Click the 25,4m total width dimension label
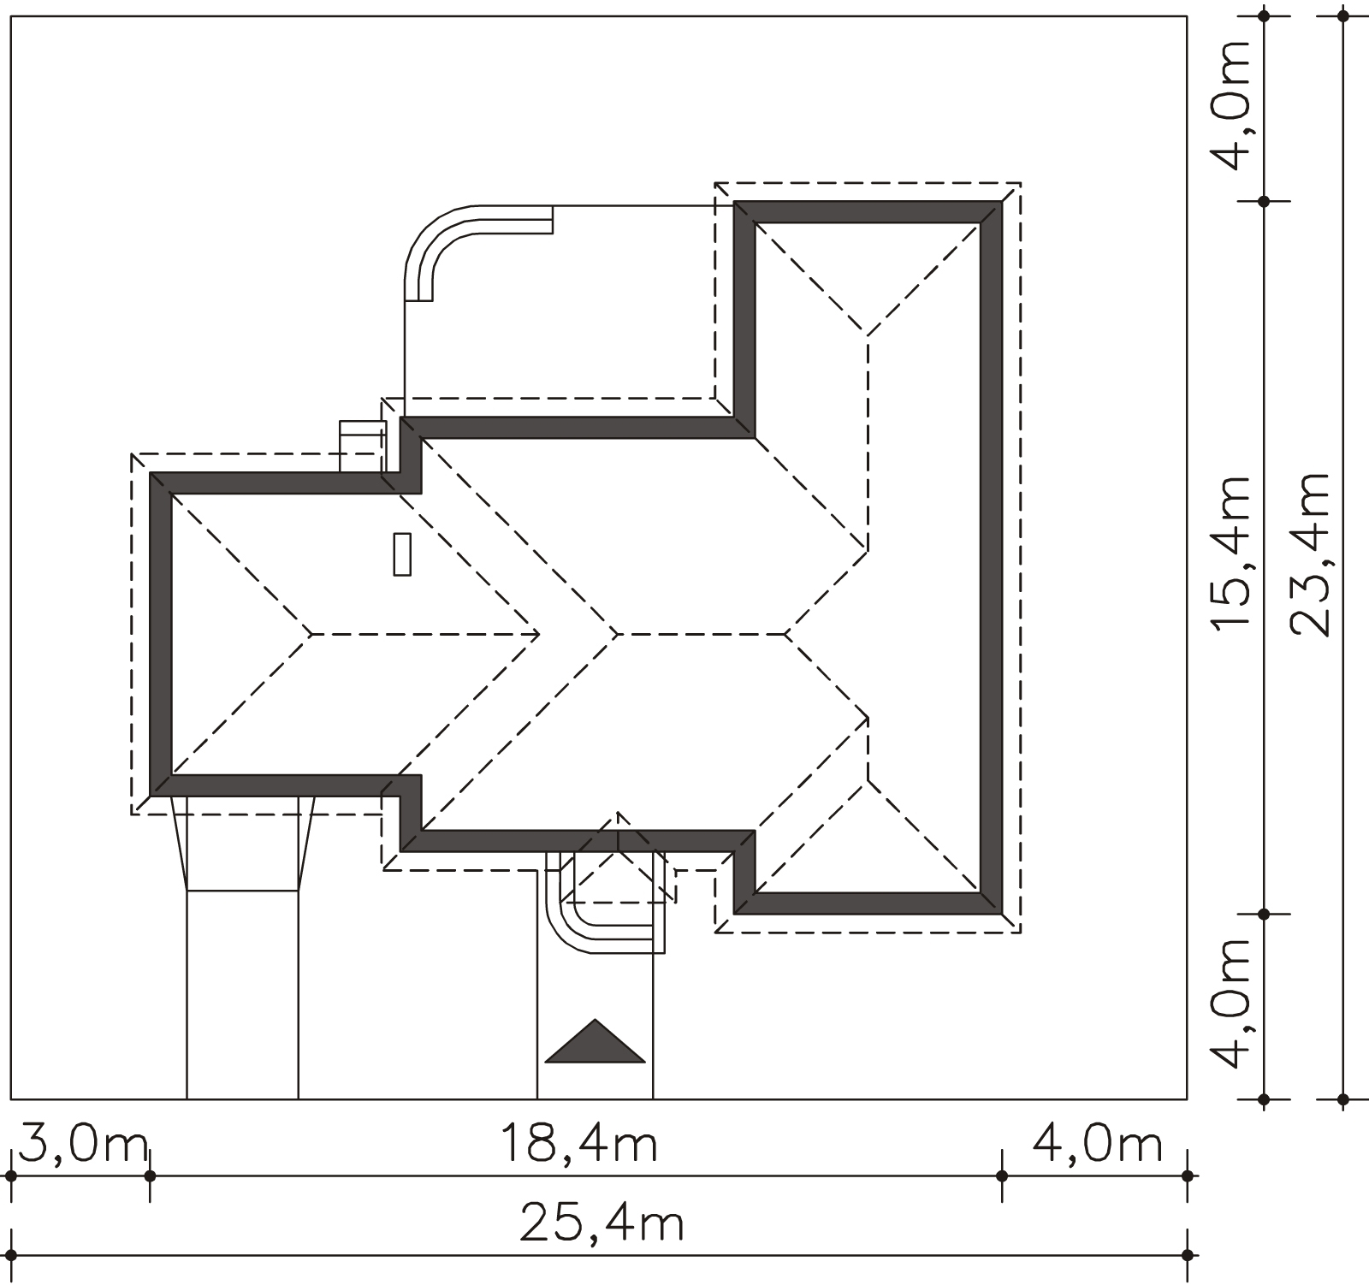click(x=602, y=1225)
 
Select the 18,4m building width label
click(x=578, y=1145)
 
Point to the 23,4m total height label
click(x=1311, y=554)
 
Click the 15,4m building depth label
click(x=1233, y=554)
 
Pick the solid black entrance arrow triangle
click(x=595, y=1041)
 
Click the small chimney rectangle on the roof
click(x=402, y=554)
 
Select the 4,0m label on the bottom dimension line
click(x=1098, y=1145)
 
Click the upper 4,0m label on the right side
click(x=1233, y=104)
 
